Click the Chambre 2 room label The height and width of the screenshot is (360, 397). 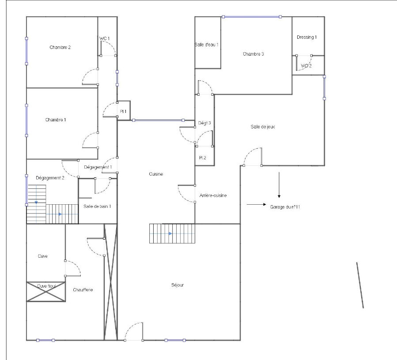[60, 47]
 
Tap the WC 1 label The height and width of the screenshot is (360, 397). [105, 38]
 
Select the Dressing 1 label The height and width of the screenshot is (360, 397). [306, 37]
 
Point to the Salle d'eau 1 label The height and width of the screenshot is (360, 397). [206, 45]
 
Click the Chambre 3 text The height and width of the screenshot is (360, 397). [253, 54]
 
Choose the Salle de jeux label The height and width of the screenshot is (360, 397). [263, 127]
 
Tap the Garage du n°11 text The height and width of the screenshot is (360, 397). [285, 207]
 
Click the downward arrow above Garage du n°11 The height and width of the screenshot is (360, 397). [279, 185]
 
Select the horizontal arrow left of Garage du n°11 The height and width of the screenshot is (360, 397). [257, 204]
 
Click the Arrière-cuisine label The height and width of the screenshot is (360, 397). [213, 195]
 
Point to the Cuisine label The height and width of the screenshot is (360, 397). [156, 174]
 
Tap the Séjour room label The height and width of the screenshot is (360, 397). [177, 285]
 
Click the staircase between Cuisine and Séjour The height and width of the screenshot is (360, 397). [172, 233]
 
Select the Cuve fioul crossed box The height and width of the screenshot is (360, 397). [46, 292]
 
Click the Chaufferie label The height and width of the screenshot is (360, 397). [83, 290]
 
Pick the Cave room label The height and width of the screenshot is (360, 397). [42, 256]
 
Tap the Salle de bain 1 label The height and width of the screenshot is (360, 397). [97, 206]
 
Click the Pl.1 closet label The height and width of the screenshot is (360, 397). [123, 112]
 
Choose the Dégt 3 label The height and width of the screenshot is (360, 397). [204, 123]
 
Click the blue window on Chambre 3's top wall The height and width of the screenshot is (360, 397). [252, 17]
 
